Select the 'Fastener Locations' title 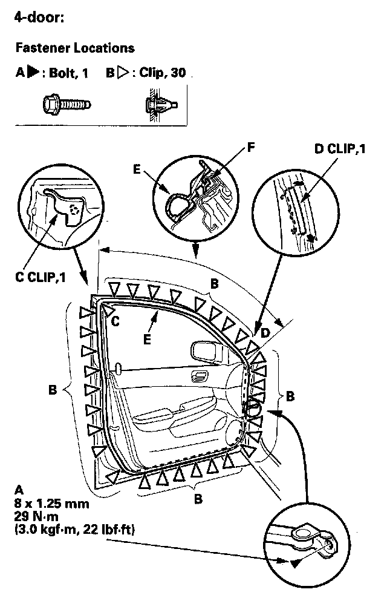[x=74, y=47]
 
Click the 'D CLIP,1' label [x=340, y=149]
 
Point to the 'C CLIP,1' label [x=41, y=278]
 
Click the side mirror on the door [x=201, y=350]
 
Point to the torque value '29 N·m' [x=42, y=516]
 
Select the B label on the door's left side [x=53, y=390]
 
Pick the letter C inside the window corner [x=115, y=322]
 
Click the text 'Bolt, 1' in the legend [x=68, y=74]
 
